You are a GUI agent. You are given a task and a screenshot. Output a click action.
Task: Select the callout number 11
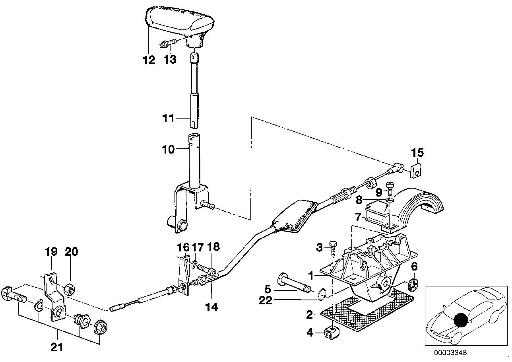point(168,118)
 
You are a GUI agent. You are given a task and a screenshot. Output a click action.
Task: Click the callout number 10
point(168,150)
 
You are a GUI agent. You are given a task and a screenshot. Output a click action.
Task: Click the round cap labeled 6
point(413,285)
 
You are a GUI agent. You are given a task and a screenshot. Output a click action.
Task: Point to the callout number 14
point(212,307)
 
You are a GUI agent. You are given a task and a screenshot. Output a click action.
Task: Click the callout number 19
point(51,251)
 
